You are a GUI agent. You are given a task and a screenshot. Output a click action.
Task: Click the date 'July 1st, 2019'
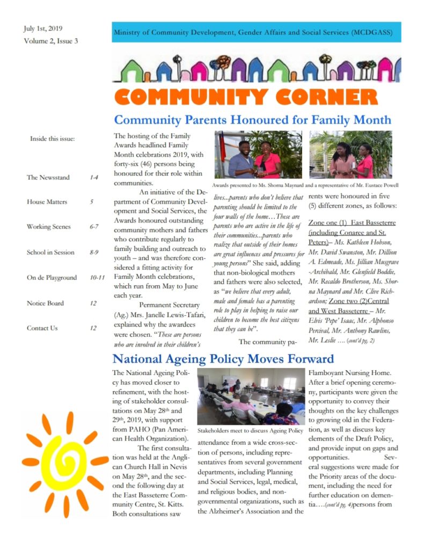43,28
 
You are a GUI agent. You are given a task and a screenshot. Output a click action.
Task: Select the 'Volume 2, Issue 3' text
50,41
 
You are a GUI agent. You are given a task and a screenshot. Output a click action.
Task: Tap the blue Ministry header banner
256,32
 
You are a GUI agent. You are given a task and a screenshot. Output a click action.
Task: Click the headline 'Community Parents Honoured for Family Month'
253,119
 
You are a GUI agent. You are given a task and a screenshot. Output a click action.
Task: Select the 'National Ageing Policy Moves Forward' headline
223,359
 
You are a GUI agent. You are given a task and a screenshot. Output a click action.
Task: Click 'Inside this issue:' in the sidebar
52,139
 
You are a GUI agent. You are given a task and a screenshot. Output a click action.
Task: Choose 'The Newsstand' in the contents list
48,177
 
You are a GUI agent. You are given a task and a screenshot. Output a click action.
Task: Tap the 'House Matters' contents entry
48,202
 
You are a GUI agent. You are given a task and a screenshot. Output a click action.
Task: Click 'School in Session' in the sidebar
50,252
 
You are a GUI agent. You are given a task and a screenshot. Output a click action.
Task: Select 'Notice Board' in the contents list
46,303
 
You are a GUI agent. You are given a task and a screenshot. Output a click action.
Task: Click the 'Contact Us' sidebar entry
42,328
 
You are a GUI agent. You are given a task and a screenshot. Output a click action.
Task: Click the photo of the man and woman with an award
258,155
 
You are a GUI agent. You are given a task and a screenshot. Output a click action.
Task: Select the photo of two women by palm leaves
350,155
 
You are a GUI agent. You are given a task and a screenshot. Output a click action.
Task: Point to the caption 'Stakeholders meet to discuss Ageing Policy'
250,431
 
